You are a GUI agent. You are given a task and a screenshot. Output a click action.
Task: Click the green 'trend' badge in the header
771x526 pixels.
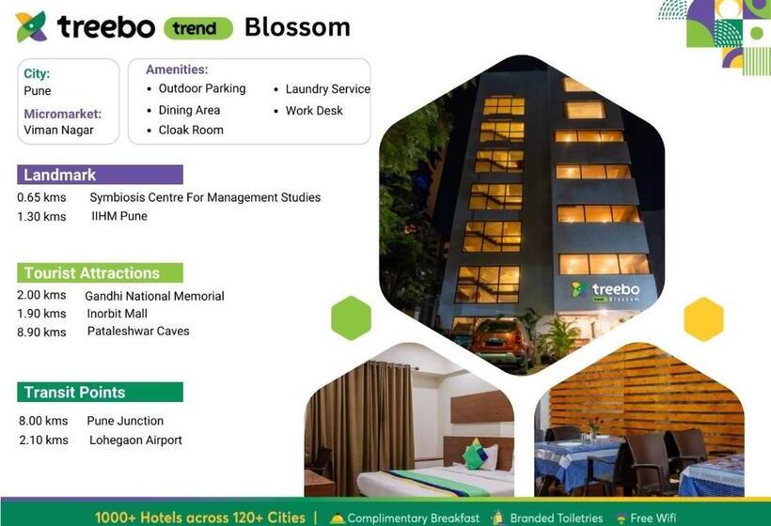pos(198,28)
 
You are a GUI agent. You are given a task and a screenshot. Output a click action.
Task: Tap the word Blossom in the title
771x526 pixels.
pos(297,27)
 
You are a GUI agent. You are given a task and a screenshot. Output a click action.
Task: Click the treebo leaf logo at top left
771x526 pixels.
pos(31,27)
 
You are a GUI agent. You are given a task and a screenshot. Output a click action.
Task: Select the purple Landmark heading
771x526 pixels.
pos(100,175)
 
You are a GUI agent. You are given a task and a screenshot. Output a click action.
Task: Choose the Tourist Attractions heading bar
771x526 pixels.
pos(100,273)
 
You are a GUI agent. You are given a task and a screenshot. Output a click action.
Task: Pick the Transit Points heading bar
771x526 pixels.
pos(100,392)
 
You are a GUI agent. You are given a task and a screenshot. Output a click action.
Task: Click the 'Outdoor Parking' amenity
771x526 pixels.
pos(202,88)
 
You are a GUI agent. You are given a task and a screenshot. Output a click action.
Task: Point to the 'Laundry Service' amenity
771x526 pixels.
pos(328,89)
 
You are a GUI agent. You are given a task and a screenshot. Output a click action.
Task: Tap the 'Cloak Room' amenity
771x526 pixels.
pos(191,130)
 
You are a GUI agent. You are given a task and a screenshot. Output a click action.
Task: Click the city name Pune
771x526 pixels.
pos(38,91)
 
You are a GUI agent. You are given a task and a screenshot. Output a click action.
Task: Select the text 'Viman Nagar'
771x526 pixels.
pos(58,131)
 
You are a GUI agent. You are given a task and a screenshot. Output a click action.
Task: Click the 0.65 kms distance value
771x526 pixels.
pos(41,197)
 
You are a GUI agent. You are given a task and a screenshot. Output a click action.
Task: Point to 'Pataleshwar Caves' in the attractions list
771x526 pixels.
pos(138,332)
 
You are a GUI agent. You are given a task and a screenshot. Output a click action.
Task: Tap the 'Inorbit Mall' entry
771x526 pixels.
pos(118,314)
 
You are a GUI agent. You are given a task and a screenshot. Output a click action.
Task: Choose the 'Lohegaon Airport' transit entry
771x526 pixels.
pos(135,441)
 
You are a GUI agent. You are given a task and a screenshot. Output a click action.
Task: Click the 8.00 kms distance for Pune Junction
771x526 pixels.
pos(43,421)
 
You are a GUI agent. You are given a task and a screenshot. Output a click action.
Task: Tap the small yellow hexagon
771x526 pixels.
pos(703,319)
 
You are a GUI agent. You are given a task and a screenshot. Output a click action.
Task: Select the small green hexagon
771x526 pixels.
pos(351,317)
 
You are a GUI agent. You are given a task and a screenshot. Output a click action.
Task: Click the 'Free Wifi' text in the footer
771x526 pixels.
pos(653,518)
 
